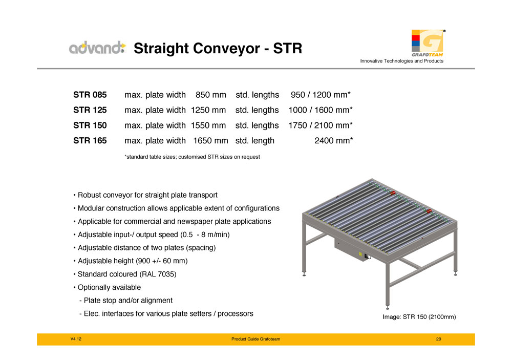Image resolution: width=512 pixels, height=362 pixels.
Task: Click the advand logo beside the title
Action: click(97, 48)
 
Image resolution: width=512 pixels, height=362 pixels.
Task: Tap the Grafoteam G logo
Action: click(428, 43)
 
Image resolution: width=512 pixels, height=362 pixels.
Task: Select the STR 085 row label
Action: click(90, 95)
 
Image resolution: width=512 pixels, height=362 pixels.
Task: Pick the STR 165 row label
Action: click(90, 141)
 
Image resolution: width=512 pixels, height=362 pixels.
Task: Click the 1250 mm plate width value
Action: click(208, 110)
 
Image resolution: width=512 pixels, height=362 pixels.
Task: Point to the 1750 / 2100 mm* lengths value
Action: click(321, 125)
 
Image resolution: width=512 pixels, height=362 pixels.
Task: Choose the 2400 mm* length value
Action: click(334, 141)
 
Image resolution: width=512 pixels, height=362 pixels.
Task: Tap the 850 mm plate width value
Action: click(211, 95)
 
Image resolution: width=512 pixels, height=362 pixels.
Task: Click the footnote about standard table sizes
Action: click(193, 157)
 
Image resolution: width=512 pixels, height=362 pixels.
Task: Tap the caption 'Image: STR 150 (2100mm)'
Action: click(419, 317)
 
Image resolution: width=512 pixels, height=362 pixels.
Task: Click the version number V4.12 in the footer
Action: click(76, 339)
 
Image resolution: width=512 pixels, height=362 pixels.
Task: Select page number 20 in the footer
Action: click(439, 339)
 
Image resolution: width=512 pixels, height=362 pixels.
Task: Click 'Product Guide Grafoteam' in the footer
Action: click(255, 339)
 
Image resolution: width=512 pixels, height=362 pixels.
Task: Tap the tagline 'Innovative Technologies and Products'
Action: click(401, 61)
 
